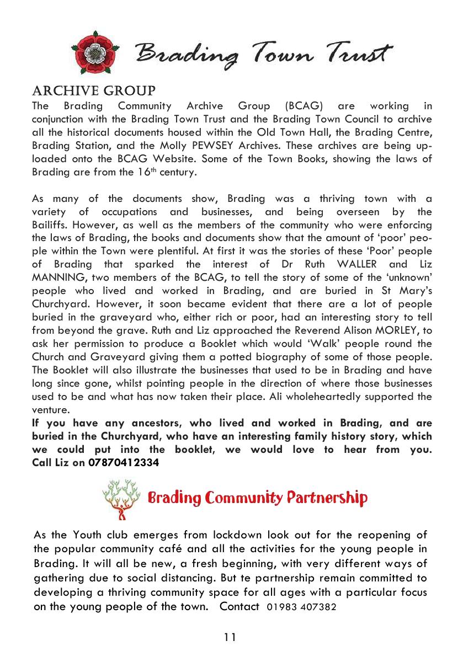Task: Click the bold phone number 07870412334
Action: (124, 463)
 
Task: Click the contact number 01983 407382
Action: (301, 607)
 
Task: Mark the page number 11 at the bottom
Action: (230, 638)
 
